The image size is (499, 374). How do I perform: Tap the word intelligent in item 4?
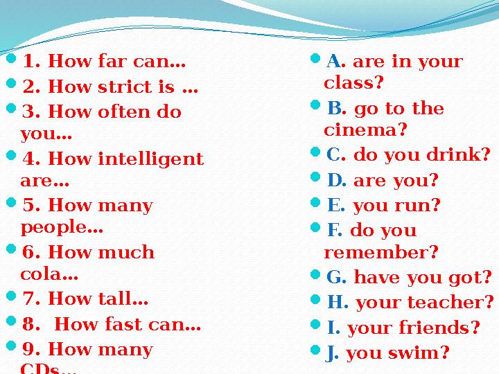pos(151,159)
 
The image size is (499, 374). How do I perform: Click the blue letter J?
pos(331,353)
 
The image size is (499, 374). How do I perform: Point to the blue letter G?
pos(335,278)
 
